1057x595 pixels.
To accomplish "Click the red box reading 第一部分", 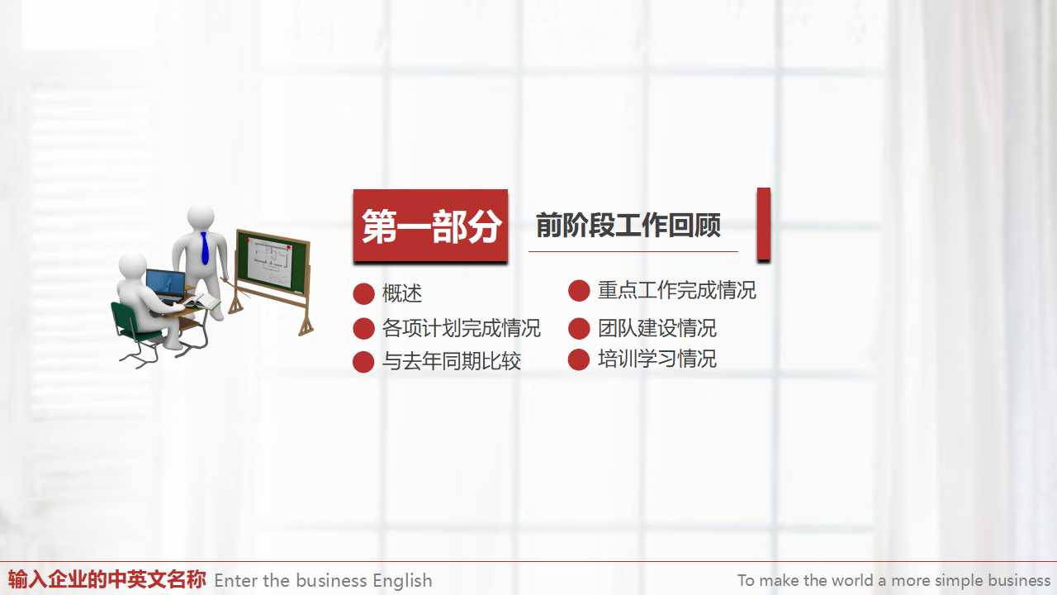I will click(x=430, y=226).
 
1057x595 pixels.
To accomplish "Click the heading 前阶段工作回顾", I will click(x=628, y=226).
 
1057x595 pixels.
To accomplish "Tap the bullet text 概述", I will click(x=402, y=293).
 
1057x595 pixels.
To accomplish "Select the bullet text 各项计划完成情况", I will click(x=461, y=328).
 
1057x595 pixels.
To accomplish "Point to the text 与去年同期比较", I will click(x=451, y=361).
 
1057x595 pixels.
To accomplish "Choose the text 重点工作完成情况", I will click(x=676, y=290).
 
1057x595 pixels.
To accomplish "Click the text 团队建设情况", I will click(x=656, y=328).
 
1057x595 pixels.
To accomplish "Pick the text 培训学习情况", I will click(x=656, y=359).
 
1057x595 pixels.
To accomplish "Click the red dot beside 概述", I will click(x=363, y=294).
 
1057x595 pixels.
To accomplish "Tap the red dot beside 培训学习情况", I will click(x=579, y=359).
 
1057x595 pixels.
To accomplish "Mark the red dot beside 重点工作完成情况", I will click(x=579, y=291).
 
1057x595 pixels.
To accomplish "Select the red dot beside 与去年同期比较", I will click(x=363, y=362).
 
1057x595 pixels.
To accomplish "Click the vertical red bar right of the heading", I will click(x=764, y=225).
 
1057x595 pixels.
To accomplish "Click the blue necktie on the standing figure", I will click(x=205, y=248).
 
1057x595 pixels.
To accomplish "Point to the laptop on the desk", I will click(x=165, y=286).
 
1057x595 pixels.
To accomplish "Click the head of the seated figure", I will click(x=132, y=266).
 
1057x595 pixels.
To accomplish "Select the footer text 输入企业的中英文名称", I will click(x=107, y=579).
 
